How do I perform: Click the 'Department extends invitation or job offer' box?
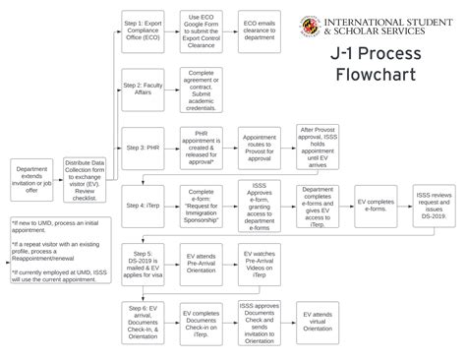point(31,178)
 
